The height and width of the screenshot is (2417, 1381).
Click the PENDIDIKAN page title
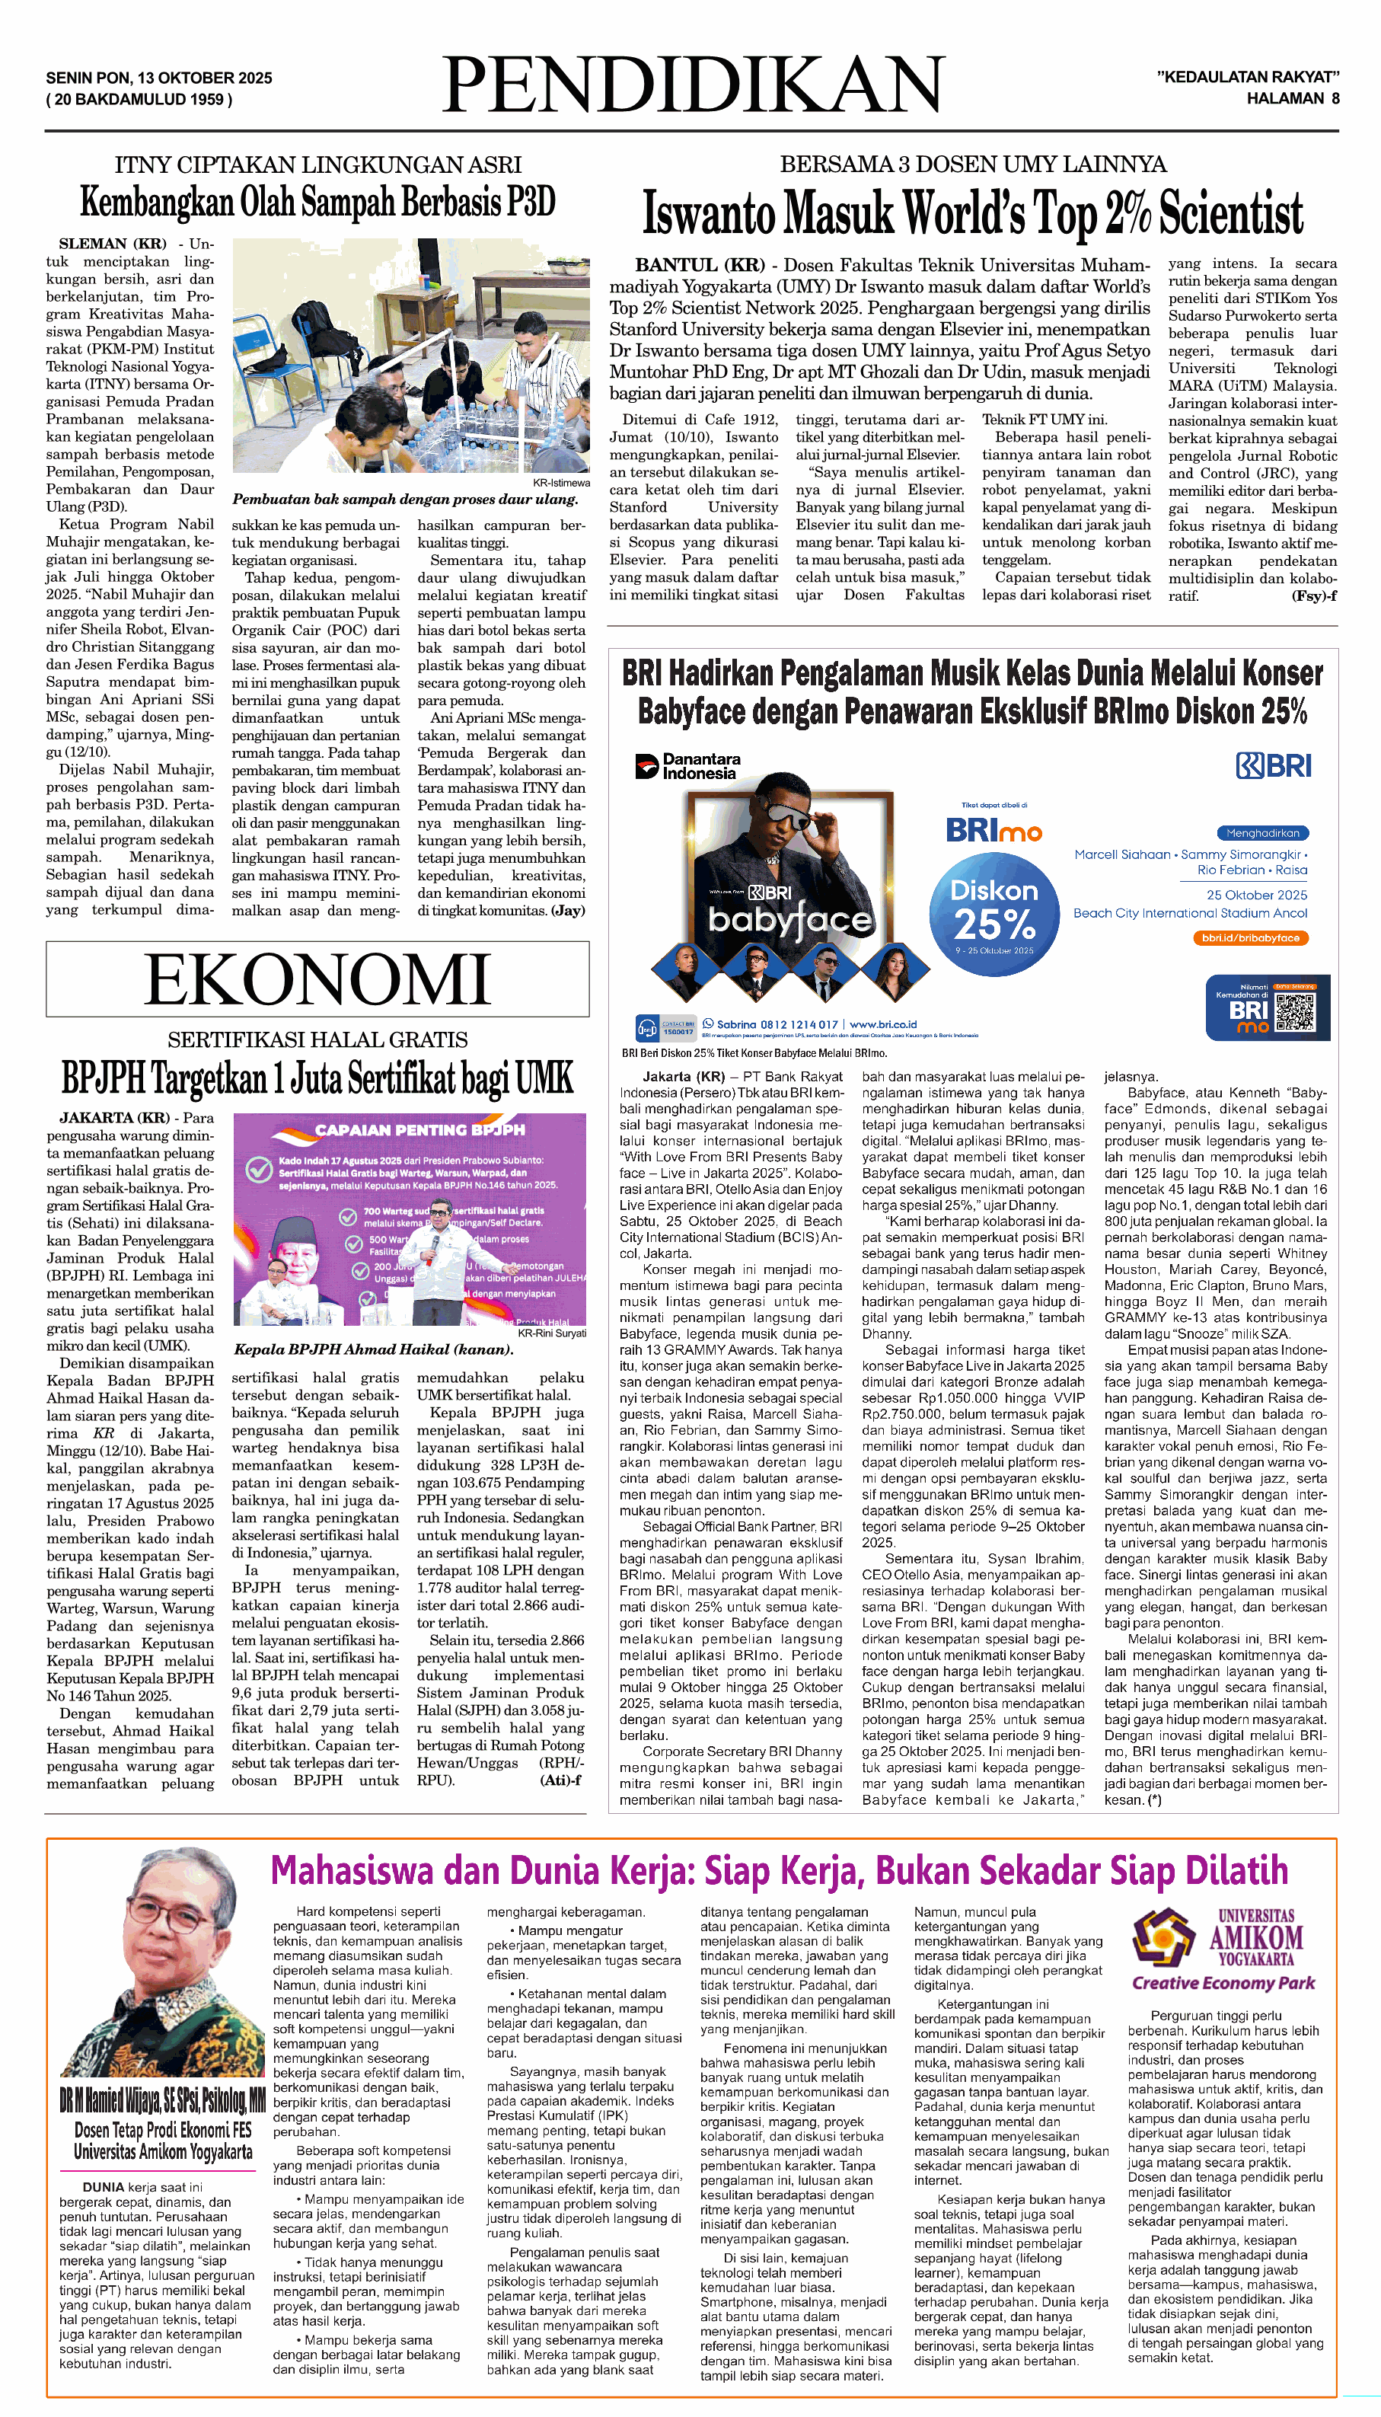[692, 86]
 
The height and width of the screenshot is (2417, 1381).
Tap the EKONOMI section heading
[317, 979]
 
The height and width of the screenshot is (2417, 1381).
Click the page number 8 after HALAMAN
[1335, 99]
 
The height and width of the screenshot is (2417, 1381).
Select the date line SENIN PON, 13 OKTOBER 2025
[159, 78]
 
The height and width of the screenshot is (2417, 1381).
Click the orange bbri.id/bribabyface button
[1250, 937]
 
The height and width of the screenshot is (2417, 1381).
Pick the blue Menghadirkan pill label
[1261, 833]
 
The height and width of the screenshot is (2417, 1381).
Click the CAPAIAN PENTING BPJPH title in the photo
[419, 1130]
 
